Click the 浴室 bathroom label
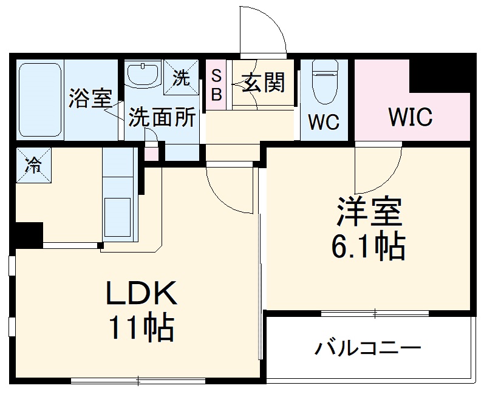(89, 99)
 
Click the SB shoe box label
(216, 85)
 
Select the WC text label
(322, 122)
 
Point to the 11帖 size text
(141, 328)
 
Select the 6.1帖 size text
(368, 246)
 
